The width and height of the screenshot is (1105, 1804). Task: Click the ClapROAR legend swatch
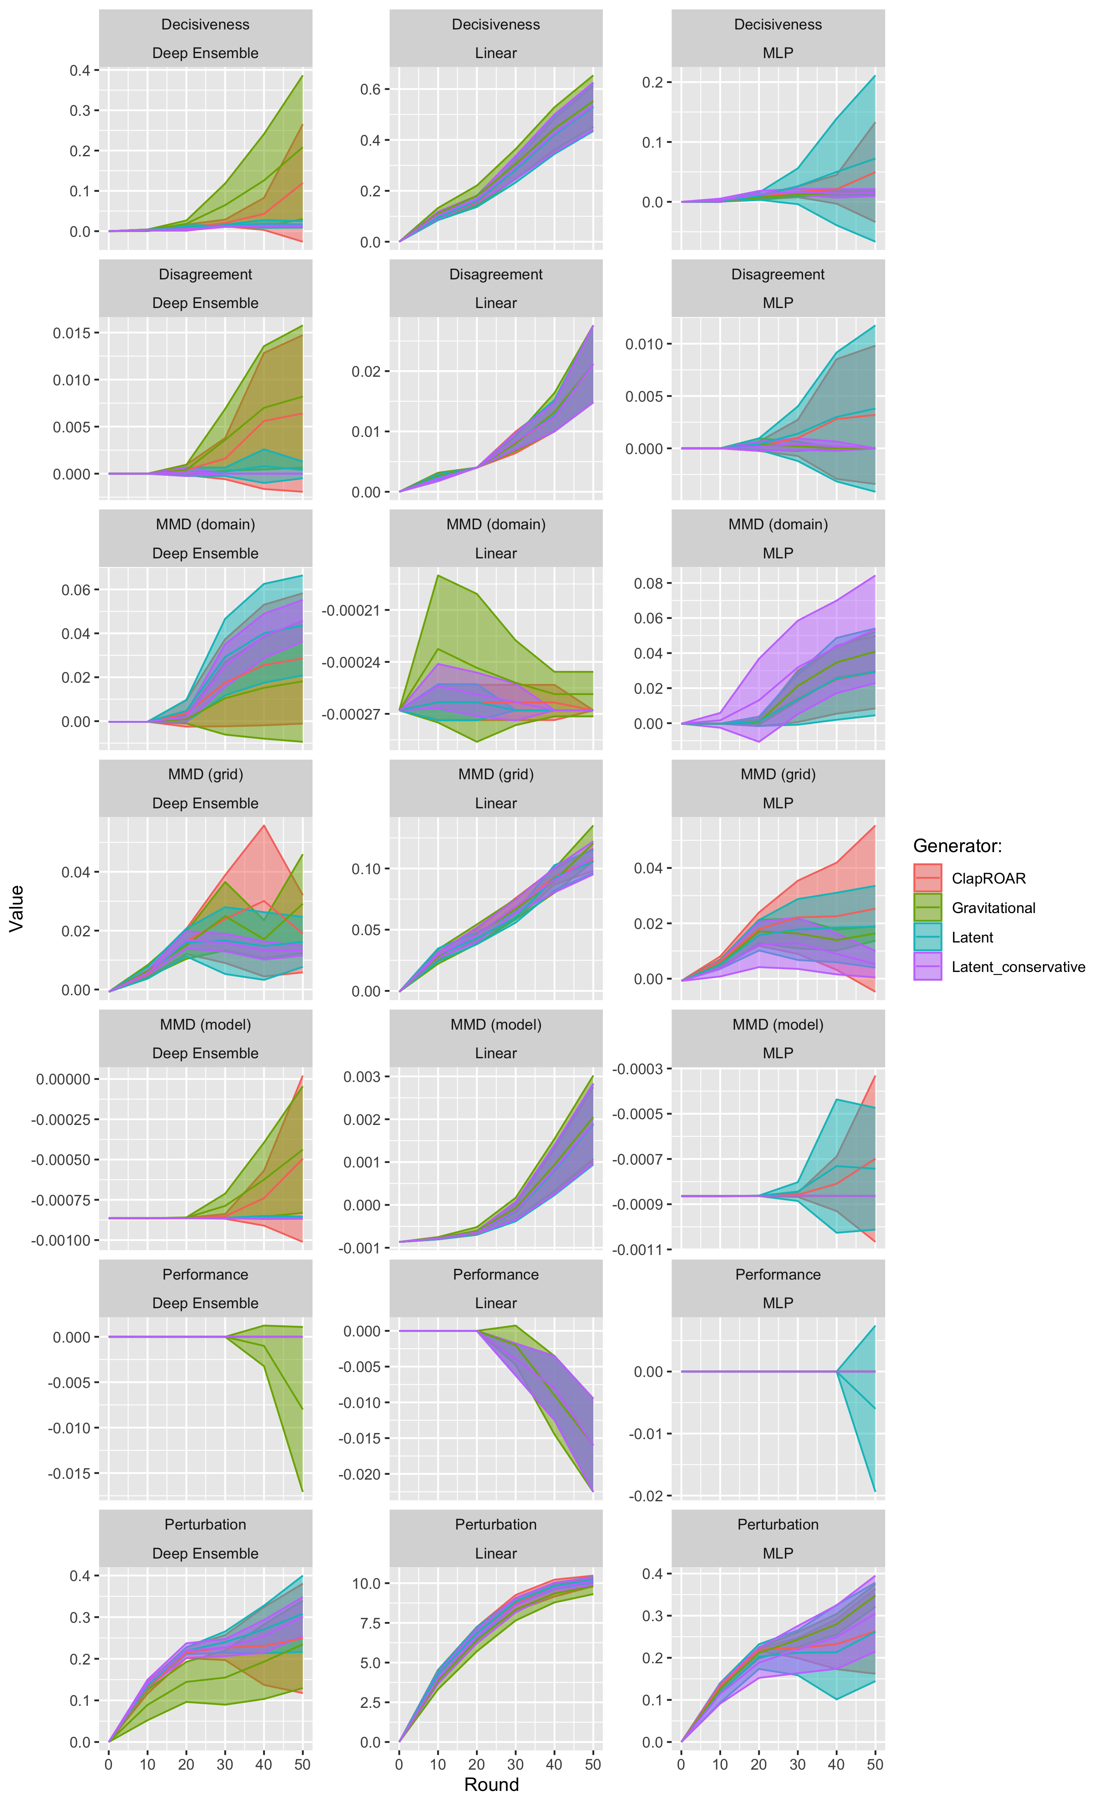[x=927, y=878]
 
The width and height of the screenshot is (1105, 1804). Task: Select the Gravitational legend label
[x=993, y=908]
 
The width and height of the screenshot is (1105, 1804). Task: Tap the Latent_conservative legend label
[x=1018, y=967]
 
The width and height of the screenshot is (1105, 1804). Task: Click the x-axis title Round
[x=492, y=1784]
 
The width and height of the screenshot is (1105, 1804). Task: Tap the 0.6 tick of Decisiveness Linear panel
[x=370, y=89]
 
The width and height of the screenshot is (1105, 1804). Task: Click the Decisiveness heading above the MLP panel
[x=778, y=24]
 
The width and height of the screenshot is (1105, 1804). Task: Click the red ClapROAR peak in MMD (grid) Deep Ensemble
[x=264, y=826]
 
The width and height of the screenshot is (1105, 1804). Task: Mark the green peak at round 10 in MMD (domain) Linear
[x=438, y=576]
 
